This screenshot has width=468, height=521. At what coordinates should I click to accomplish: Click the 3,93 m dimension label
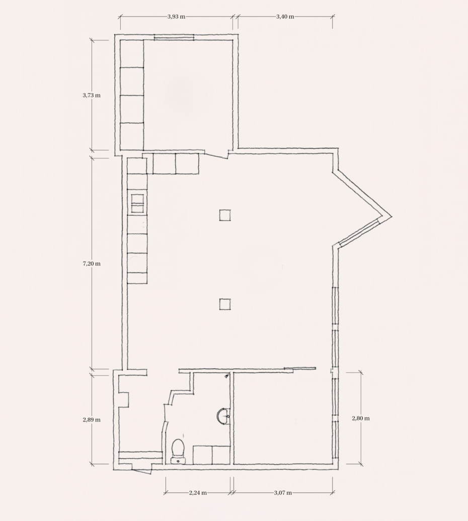pyautogui.click(x=176, y=17)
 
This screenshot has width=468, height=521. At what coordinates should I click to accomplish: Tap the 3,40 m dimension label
pyautogui.click(x=285, y=17)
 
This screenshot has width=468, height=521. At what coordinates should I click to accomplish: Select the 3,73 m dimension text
pyautogui.click(x=92, y=96)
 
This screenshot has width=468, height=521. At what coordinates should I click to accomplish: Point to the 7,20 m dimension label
pyautogui.click(x=92, y=264)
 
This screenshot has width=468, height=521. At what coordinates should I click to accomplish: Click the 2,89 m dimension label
pyautogui.click(x=92, y=419)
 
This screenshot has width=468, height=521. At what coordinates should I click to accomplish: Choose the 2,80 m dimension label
pyautogui.click(x=361, y=418)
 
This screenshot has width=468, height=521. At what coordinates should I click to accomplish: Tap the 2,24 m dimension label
pyautogui.click(x=198, y=493)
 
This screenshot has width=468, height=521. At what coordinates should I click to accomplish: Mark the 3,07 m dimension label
pyautogui.click(x=283, y=493)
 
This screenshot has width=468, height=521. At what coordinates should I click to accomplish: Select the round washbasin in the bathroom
pyautogui.click(x=222, y=416)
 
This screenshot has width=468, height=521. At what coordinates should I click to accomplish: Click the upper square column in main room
pyautogui.click(x=225, y=215)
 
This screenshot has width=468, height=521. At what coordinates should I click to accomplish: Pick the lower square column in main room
pyautogui.click(x=225, y=304)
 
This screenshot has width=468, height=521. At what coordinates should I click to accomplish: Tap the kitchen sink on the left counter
pyautogui.click(x=137, y=203)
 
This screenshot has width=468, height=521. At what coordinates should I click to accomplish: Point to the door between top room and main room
pyautogui.click(x=216, y=154)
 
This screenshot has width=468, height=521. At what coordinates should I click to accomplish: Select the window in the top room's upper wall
pyautogui.click(x=174, y=37)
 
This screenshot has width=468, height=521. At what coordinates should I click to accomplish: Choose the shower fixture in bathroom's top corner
pyautogui.click(x=226, y=376)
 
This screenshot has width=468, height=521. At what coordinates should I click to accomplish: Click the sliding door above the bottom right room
pyautogui.click(x=300, y=368)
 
